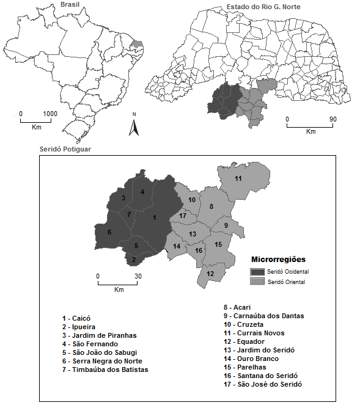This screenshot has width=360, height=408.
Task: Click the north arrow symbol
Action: coord(134,126)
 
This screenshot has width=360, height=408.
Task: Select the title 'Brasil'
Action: coord(70,5)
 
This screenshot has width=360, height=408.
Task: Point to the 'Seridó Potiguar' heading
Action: coord(62,150)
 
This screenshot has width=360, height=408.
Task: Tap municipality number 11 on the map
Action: coord(238,178)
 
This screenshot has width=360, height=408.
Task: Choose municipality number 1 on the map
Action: coord(155,217)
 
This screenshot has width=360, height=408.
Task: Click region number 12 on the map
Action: coord(210,274)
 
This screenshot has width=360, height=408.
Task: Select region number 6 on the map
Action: coord(109,232)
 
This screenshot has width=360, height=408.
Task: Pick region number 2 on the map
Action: coord(134,260)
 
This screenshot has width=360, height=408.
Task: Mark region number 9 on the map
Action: coord(226,226)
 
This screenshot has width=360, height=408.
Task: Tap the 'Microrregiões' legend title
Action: coord(279,259)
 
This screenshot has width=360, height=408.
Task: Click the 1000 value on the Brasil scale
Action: coord(50,114)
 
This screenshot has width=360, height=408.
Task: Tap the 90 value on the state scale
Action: coord(334,119)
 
